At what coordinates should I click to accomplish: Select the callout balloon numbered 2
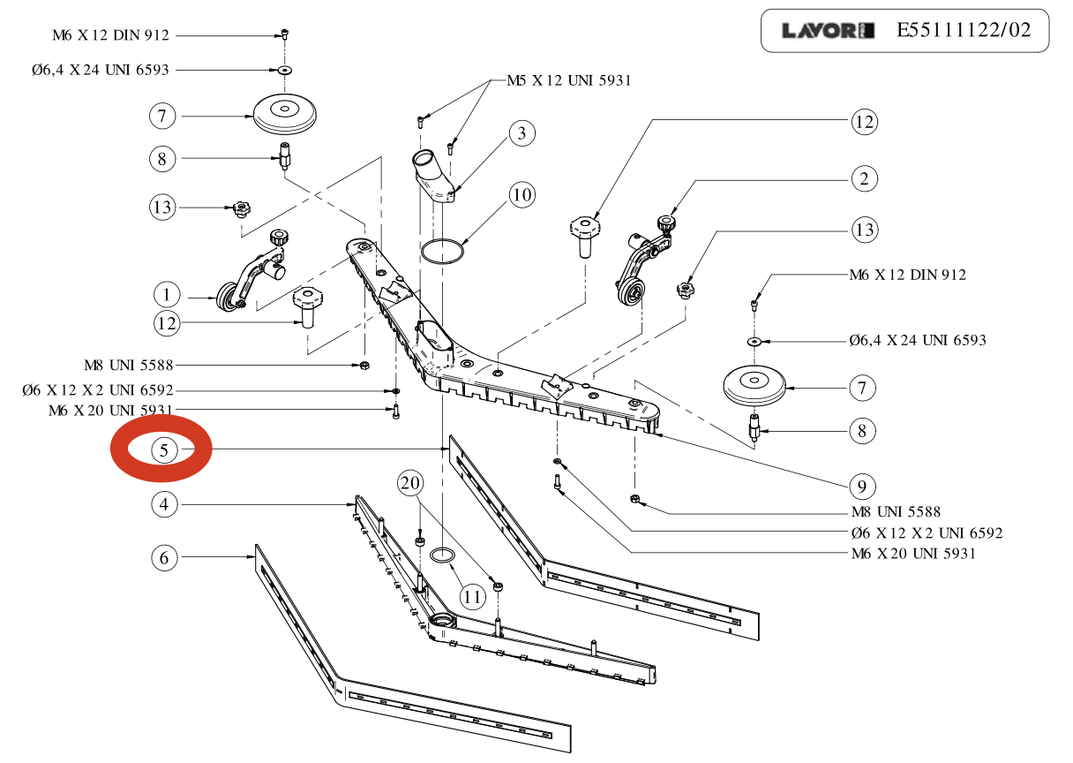864,179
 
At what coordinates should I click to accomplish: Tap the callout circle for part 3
521,134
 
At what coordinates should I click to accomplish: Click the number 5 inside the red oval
163,449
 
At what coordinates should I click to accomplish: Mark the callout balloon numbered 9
864,485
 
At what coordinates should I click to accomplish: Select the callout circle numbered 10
521,194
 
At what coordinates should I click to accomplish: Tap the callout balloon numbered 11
474,597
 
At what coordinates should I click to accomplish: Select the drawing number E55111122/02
963,31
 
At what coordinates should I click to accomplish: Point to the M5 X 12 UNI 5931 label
568,80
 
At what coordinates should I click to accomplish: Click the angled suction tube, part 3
433,177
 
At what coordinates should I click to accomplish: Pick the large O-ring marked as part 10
442,252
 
